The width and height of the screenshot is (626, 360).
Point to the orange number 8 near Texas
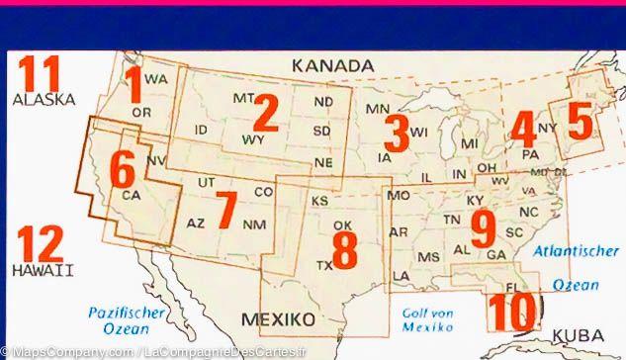[x=344, y=249]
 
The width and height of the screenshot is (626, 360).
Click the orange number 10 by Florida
[x=510, y=314]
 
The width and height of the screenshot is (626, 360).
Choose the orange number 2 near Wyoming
[x=262, y=117]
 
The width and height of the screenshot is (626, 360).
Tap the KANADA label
[x=332, y=66]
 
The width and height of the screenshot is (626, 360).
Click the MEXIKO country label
[x=278, y=318]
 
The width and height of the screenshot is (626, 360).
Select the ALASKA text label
[x=44, y=100]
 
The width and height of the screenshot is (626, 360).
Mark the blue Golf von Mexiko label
[x=428, y=318]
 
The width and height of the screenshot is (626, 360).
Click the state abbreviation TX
[x=322, y=265]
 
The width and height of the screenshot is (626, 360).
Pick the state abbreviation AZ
[x=196, y=224]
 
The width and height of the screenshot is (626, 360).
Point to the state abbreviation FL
[x=510, y=288]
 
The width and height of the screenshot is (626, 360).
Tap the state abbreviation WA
[x=154, y=78]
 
